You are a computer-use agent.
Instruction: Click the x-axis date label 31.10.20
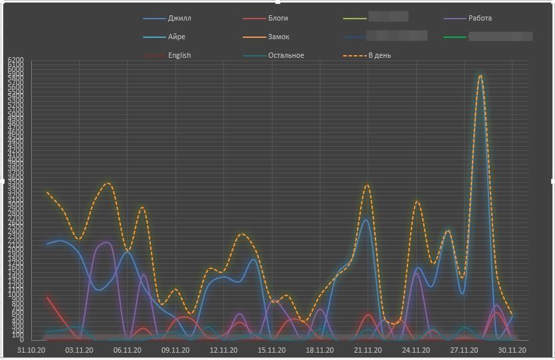click(31, 350)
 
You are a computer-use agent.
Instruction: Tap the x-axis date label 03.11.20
click(78, 350)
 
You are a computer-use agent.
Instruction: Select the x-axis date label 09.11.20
click(175, 350)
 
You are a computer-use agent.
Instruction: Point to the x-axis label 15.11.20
click(271, 350)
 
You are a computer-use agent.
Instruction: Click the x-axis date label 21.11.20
click(368, 350)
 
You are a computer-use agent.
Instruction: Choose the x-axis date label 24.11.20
click(416, 350)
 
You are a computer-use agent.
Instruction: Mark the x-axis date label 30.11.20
click(512, 350)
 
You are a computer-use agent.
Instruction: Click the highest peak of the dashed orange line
click(480, 76)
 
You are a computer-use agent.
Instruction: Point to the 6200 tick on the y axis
click(16, 60)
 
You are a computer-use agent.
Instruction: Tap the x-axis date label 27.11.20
click(464, 350)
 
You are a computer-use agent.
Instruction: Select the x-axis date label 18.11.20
click(320, 350)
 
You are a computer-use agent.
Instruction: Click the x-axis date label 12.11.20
click(223, 350)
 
